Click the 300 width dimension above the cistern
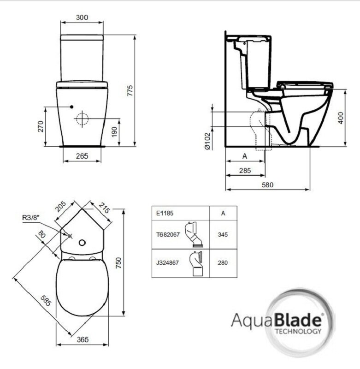[82, 18]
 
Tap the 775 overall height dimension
[130, 90]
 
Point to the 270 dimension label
[41, 126]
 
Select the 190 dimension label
[114, 132]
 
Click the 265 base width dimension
[82, 156]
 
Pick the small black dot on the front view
[72, 107]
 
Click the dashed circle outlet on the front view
[82, 119]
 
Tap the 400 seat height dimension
[341, 118]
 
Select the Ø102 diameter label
[207, 141]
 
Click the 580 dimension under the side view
[268, 185]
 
